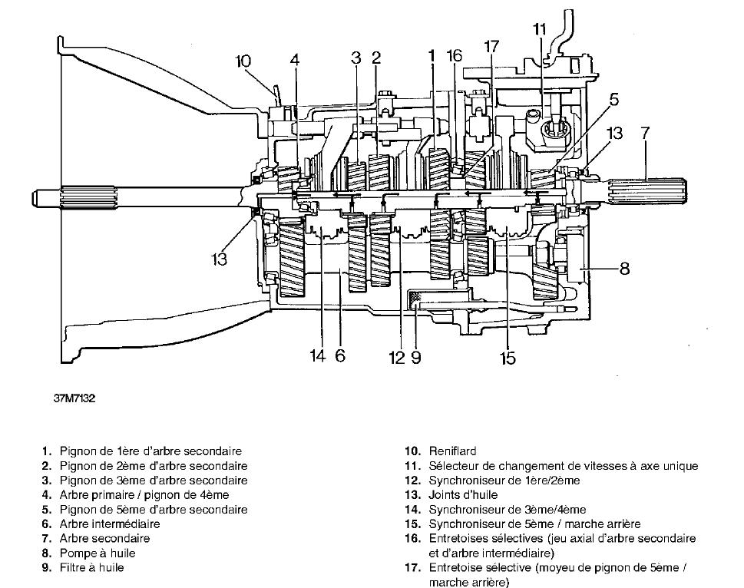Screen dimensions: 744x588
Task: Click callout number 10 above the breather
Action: click(243, 61)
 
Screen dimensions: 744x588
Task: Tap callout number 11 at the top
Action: click(539, 29)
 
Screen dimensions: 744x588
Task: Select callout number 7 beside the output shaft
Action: click(644, 133)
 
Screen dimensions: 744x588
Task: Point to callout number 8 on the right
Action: click(624, 269)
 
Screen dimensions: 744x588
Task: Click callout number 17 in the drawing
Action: click(491, 47)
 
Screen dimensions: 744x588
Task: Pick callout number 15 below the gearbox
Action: click(508, 358)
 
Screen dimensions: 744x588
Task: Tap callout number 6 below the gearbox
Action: click(340, 355)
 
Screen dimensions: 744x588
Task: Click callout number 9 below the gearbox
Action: click(415, 357)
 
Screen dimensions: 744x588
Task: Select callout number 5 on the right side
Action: click(614, 100)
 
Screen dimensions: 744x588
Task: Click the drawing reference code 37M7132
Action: click(74, 398)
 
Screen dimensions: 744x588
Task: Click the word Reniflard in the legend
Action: click(452, 451)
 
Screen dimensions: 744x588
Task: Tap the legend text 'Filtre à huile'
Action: click(91, 567)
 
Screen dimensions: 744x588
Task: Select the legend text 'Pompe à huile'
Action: click(98, 553)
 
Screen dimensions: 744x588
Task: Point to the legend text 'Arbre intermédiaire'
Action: click(110, 524)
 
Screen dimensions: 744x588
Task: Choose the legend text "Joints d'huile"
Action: click(463, 495)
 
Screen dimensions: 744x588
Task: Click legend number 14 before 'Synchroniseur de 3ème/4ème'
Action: click(412, 510)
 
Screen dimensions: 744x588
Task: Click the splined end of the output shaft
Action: click(647, 193)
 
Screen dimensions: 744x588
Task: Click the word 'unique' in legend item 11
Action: click(682, 466)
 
